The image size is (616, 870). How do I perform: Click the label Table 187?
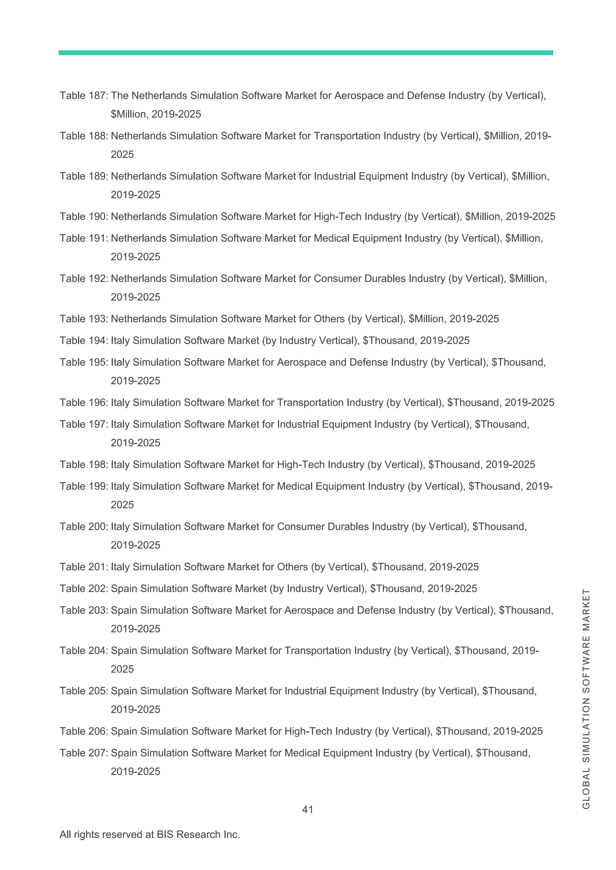click(84, 96)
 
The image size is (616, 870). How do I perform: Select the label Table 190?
click(84, 216)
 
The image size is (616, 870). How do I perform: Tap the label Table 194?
click(84, 340)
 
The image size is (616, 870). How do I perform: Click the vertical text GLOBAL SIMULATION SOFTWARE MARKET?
click(586, 699)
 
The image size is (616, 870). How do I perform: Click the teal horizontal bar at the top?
click(306, 53)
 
